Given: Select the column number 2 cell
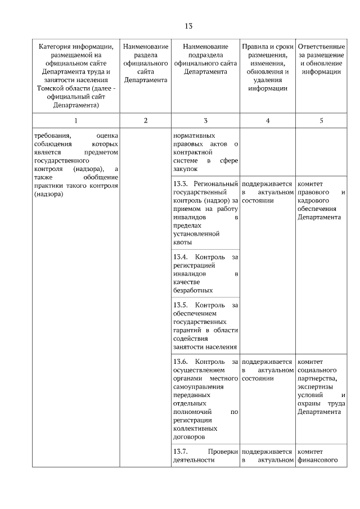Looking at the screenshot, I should [x=146, y=120].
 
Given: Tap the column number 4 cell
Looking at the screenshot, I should [x=267, y=120].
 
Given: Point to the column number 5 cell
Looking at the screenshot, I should [x=321, y=120].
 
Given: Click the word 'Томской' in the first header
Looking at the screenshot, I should [x=48, y=88].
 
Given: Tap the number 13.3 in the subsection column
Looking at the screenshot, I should [x=181, y=183].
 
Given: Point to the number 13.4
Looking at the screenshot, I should [x=181, y=256].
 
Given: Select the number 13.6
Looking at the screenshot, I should [x=181, y=361].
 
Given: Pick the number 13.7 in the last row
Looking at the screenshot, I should [x=181, y=451].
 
